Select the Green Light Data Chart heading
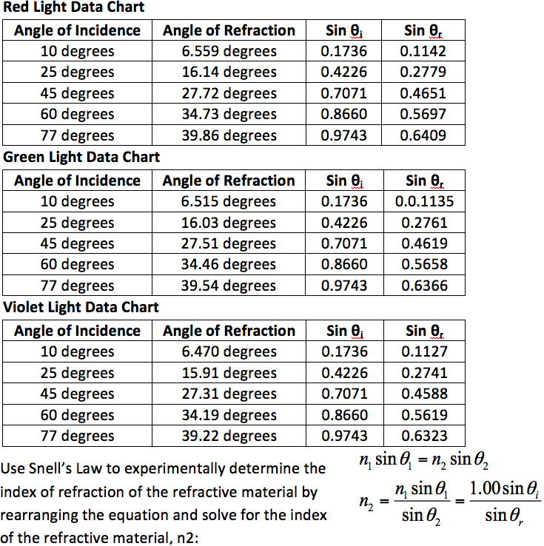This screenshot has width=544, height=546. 81,158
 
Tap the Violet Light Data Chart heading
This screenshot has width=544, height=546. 81,307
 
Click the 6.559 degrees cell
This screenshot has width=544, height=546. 229,51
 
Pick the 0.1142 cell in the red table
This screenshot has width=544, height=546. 424,51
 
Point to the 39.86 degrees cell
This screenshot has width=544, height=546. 229,135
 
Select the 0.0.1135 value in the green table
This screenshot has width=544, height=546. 424,201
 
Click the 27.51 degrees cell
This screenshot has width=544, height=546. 229,243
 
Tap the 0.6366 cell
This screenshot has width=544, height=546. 424,286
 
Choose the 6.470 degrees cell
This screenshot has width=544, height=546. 229,351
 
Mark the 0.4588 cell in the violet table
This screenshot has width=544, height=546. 424,394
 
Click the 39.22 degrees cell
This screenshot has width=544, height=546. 229,436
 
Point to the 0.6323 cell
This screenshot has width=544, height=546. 424,436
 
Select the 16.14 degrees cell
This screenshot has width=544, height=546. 229,73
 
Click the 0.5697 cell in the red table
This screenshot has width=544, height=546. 424,114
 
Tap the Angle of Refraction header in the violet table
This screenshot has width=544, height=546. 229,331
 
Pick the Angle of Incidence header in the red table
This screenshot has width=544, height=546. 77,30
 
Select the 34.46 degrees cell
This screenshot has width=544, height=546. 229,264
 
